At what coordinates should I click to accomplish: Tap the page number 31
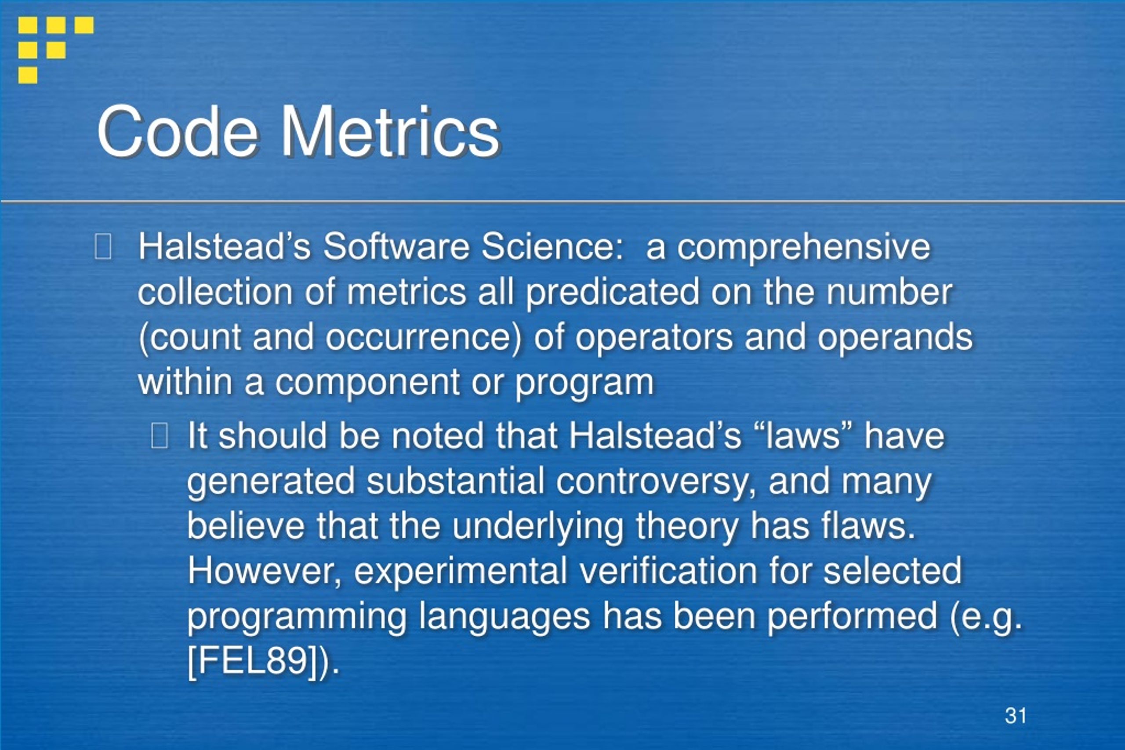[1016, 716]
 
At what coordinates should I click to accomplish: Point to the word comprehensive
[804, 248]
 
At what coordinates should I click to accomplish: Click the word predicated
[613, 292]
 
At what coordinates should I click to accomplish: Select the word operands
[895, 337]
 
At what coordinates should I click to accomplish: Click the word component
[367, 383]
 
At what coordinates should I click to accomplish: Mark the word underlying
[537, 526]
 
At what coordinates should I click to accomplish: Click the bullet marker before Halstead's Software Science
[103, 247]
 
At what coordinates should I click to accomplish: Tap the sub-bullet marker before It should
[159, 436]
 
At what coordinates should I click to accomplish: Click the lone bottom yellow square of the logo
[28, 75]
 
